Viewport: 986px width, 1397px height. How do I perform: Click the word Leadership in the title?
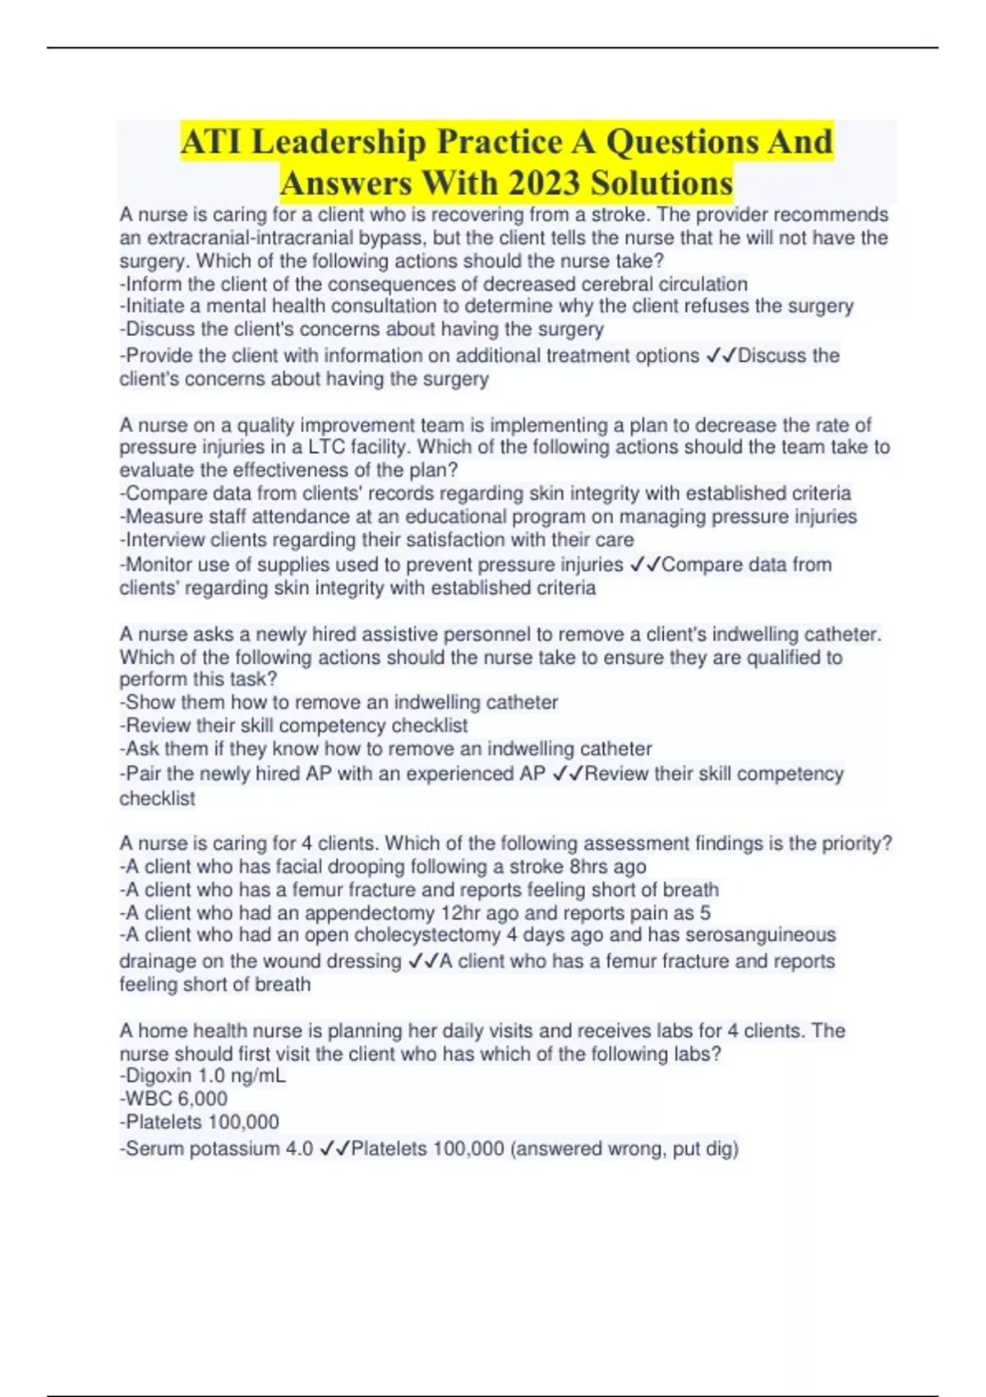[x=338, y=142]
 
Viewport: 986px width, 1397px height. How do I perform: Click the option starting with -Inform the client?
[x=433, y=284]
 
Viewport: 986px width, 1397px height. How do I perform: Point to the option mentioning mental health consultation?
[x=486, y=307]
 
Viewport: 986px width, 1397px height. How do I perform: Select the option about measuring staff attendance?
[x=488, y=517]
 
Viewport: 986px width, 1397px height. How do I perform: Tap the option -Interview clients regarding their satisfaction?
[x=376, y=540]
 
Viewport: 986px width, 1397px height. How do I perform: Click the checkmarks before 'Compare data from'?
[x=645, y=565]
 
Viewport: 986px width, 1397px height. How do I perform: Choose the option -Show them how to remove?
[x=339, y=703]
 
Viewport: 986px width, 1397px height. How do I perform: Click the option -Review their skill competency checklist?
[x=293, y=726]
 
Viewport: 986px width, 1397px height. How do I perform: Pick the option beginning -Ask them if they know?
[x=385, y=749]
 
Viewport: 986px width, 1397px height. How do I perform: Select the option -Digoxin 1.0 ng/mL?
[x=202, y=1076]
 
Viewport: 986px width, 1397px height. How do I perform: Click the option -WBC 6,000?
[x=173, y=1099]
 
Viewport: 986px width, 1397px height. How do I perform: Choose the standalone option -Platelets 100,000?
[x=199, y=1122]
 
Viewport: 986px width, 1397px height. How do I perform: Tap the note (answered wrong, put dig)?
[x=624, y=1149]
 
